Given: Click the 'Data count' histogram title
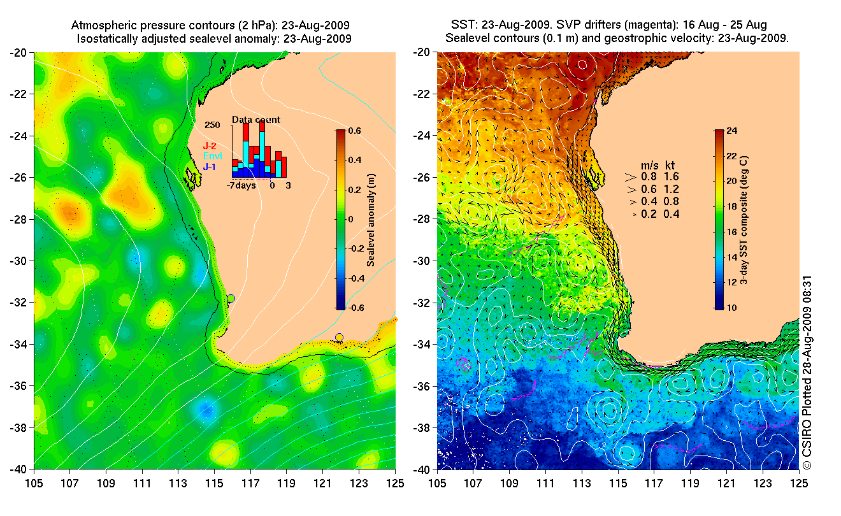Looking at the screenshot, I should (x=255, y=120).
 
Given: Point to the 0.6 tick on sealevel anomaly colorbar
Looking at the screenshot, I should (x=354, y=131).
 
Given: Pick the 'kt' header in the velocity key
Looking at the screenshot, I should (x=671, y=164).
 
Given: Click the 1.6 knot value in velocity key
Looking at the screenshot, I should (x=671, y=176).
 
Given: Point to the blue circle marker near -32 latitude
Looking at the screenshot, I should (x=231, y=298).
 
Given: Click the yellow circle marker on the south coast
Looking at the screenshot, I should (x=339, y=337).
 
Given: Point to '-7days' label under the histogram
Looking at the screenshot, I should (x=241, y=186).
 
